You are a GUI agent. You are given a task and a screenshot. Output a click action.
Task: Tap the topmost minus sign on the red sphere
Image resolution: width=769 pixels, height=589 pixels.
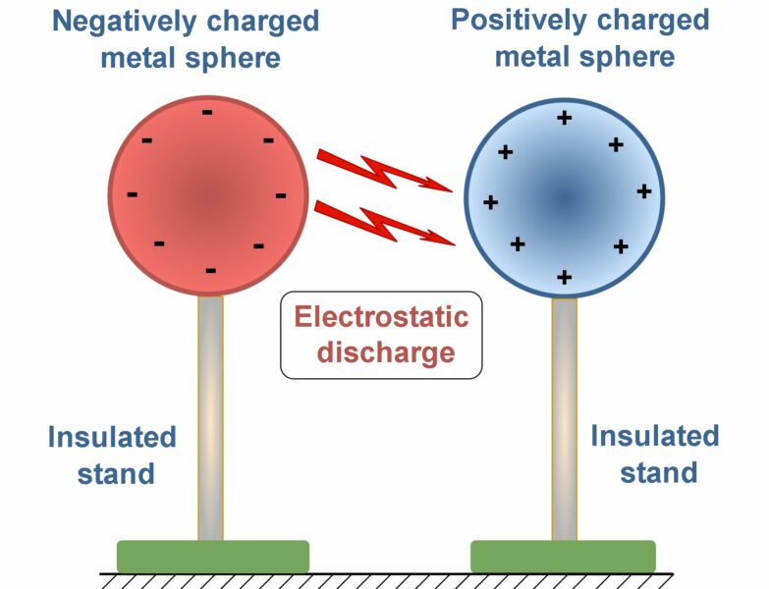[x=206, y=112]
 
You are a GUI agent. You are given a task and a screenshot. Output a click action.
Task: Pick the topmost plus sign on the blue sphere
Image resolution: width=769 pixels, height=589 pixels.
[x=564, y=118]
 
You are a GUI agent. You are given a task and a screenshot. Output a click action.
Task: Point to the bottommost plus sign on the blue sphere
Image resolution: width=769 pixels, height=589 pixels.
[x=564, y=278]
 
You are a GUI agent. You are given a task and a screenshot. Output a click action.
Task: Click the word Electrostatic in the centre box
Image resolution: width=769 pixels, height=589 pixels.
[x=382, y=316]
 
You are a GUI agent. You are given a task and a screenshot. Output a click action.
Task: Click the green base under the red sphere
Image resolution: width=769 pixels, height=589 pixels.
[x=213, y=556]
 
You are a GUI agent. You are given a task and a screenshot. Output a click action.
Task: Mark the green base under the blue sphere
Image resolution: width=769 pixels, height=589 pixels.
[x=563, y=556]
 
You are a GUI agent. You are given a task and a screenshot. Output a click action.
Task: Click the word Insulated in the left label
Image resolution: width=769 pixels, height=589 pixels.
[x=112, y=437]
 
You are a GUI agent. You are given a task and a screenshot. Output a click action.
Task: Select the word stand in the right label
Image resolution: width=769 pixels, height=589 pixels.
[x=658, y=472]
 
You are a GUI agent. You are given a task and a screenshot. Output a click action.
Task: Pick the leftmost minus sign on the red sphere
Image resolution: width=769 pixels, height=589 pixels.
[x=132, y=194]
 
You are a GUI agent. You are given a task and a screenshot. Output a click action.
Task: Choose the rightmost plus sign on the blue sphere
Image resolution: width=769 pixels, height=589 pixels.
[x=644, y=190]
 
